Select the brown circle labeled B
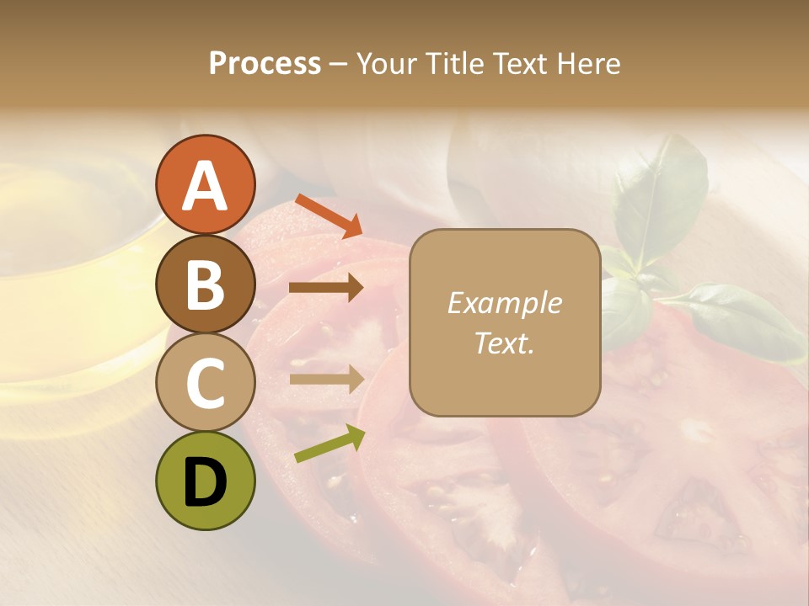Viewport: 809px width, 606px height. [205, 284]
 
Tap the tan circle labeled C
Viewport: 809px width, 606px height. [205, 383]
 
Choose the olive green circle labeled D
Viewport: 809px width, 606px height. [205, 481]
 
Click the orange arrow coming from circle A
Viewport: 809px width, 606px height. [329, 216]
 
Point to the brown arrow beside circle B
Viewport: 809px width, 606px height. [326, 288]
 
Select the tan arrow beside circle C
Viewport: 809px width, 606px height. [326, 379]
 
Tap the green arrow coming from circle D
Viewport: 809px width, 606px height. [329, 444]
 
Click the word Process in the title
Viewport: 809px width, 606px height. [265, 64]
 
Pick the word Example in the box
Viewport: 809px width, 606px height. [504, 303]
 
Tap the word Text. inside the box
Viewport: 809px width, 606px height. [504, 343]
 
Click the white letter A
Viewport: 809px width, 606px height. [205, 185]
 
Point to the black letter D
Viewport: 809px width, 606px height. [205, 481]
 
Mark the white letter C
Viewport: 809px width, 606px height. [205, 383]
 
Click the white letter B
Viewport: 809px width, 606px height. [205, 284]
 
